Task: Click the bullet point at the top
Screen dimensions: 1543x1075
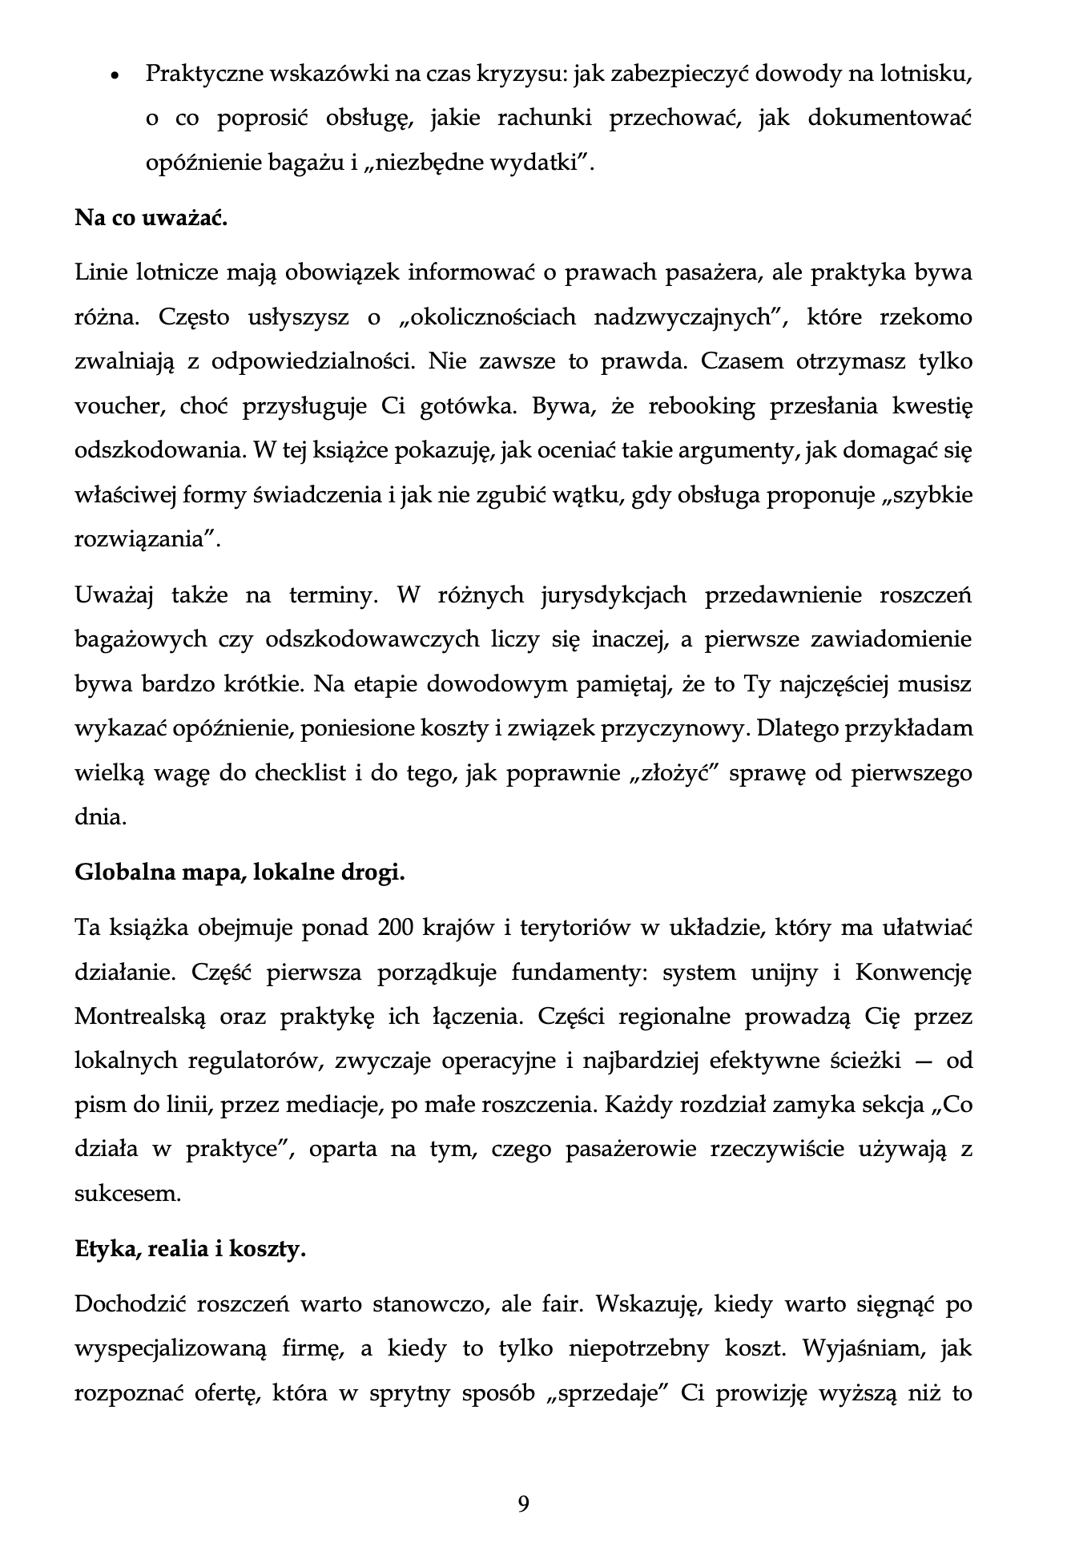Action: click(115, 77)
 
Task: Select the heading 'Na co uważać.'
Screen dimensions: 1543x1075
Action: click(151, 218)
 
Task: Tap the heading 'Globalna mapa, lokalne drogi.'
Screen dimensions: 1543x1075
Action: click(240, 872)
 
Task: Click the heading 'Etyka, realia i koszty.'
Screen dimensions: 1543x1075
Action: click(190, 1249)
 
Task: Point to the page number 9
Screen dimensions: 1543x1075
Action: click(524, 1504)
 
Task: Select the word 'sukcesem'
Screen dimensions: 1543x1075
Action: click(127, 1195)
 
